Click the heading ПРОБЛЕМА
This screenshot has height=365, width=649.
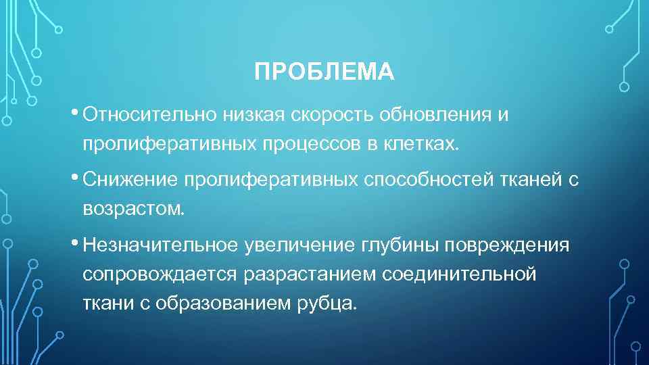(324, 72)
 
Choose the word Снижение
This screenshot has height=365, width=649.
(130, 179)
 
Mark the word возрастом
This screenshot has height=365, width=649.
(133, 208)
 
